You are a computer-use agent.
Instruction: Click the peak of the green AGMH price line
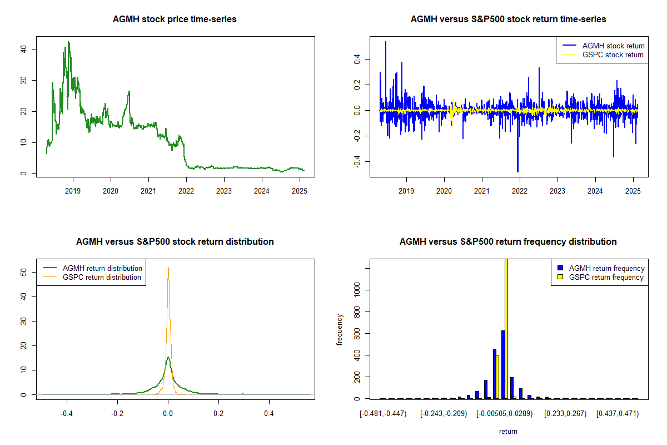tap(68, 42)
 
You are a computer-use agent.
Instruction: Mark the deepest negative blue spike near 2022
tap(517, 171)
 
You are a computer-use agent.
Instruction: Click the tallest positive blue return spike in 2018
tap(385, 42)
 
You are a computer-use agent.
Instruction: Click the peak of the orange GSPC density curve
tap(168, 268)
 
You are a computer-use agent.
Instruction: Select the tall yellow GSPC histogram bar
tap(506, 328)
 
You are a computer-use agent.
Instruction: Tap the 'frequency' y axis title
tap(340, 330)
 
